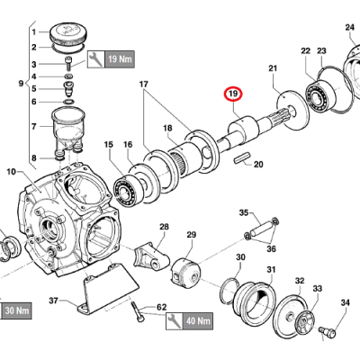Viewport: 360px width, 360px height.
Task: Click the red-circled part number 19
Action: (x=233, y=94)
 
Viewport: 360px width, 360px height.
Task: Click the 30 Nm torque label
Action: (x=16, y=311)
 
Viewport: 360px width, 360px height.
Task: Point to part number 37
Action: (x=53, y=301)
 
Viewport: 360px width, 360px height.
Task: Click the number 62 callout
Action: (x=163, y=307)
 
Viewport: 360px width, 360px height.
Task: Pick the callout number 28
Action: (x=165, y=227)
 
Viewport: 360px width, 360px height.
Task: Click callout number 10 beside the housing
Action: (x=12, y=171)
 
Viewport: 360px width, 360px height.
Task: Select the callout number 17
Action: (x=142, y=85)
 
